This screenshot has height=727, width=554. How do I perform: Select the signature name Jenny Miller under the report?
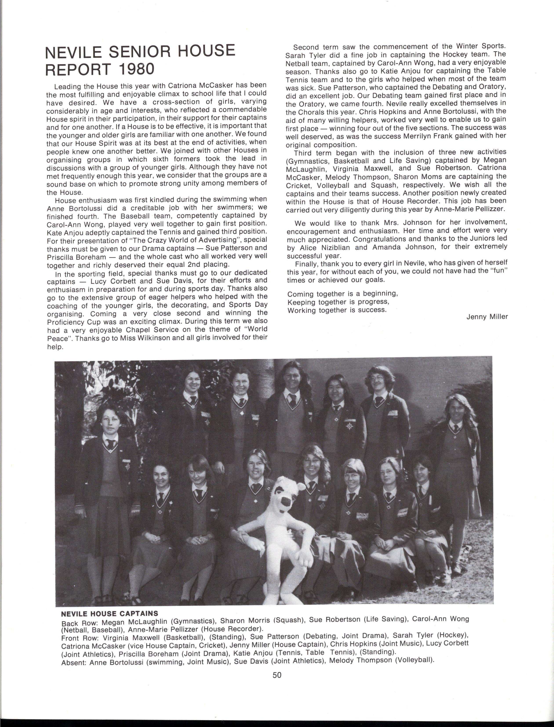click(x=487, y=317)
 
